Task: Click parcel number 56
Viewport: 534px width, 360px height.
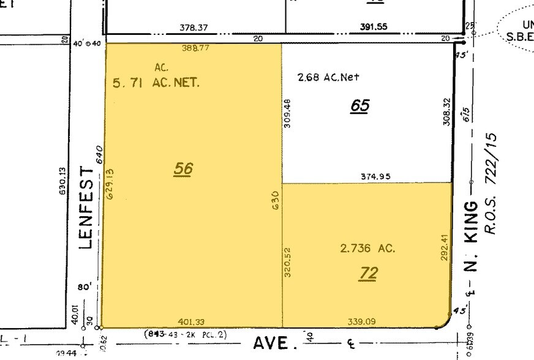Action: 183,168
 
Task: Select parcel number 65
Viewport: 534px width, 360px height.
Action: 360,105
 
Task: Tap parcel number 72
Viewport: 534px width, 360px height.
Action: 369,272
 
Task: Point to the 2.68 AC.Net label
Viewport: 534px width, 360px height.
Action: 328,77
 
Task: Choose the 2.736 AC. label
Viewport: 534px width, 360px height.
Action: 367,249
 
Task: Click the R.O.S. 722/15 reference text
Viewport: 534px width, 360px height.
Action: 491,184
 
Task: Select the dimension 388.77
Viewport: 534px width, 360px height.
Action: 195,47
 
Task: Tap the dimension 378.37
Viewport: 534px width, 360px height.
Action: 192,27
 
